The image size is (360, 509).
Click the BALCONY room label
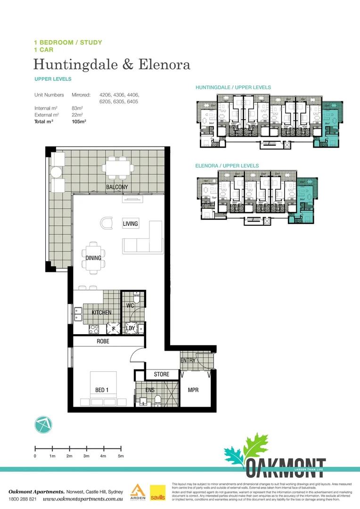[x=116, y=187]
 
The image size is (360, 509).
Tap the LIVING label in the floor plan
[x=131, y=223]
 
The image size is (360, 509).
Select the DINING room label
[x=93, y=258]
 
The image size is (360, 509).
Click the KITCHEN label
[x=101, y=312]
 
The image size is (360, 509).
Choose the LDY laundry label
[x=131, y=328]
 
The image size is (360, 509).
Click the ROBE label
[x=103, y=341]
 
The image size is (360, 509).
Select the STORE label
[x=162, y=374]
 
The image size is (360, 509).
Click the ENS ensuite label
[x=149, y=390]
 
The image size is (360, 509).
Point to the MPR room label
[x=193, y=390]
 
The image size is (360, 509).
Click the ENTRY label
[x=188, y=361]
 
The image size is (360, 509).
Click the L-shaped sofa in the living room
[x=146, y=240]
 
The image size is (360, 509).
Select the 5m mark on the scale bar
[x=121, y=456]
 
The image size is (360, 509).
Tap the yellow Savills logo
[x=157, y=493]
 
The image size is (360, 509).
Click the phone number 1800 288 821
[x=22, y=499]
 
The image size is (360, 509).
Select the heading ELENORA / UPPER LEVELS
[x=227, y=166]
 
